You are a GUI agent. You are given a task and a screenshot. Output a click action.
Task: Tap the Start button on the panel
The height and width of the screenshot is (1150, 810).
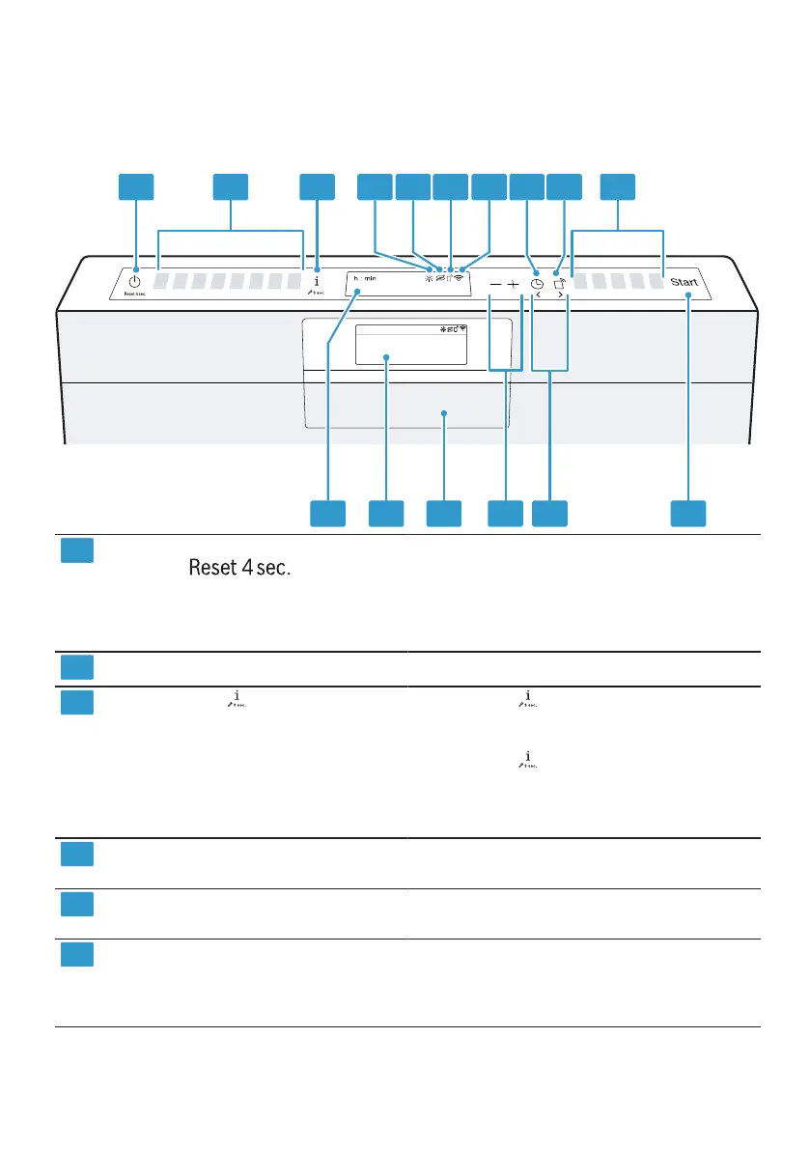(x=686, y=284)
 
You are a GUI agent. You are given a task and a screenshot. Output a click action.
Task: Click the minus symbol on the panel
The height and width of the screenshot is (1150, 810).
(x=494, y=286)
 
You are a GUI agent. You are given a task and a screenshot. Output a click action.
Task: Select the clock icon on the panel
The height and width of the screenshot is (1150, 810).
(x=537, y=285)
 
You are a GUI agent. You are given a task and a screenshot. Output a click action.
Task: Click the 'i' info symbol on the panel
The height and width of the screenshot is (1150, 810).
(x=317, y=275)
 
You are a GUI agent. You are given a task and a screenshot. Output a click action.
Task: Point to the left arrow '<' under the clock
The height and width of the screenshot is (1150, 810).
(x=538, y=299)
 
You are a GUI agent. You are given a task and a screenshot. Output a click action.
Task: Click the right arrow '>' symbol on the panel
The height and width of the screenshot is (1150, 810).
(x=560, y=299)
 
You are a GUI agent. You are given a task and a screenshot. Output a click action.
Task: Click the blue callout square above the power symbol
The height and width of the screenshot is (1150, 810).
(x=136, y=187)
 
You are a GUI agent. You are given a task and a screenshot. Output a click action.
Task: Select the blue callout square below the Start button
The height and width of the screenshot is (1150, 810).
(x=688, y=514)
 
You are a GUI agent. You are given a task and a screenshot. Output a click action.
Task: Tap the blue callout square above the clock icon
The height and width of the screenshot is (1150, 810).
(x=527, y=187)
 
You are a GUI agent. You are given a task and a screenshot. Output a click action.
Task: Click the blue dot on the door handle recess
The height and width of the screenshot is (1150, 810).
(x=444, y=413)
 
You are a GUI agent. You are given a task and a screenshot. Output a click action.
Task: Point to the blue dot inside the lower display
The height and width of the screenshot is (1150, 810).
(x=388, y=358)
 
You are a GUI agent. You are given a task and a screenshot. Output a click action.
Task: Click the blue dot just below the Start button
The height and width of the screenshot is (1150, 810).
(x=687, y=301)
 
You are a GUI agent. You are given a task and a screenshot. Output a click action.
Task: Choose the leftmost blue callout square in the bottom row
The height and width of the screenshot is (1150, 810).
(x=328, y=514)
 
